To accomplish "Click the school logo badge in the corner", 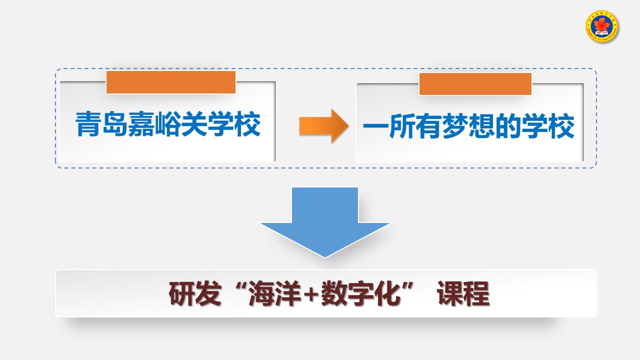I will coord(602,26).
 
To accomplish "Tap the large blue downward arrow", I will coord(325,220).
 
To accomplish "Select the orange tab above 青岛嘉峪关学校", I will coord(170,82).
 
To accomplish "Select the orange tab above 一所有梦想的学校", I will coord(475,83).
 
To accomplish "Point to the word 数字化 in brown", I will coord(360,294).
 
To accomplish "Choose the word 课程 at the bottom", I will coord(463,294).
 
